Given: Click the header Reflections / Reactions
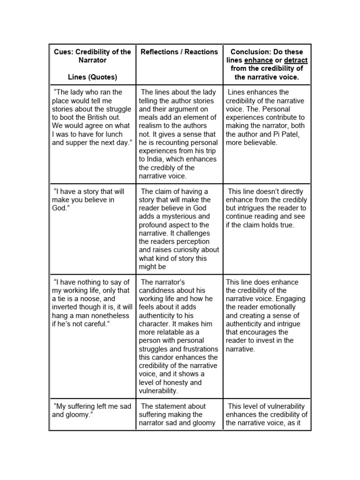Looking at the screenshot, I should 179,52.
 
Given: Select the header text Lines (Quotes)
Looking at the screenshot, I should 92,77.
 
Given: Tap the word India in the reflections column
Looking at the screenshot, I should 163,159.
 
